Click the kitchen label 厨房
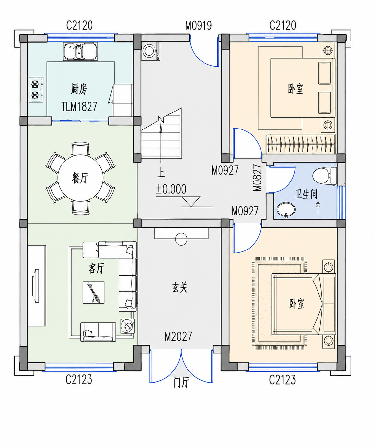pos(79,89)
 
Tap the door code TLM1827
pos(79,106)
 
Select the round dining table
pos(80,178)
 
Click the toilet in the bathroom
pos(325,176)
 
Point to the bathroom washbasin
pos(286,209)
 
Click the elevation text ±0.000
pos(171,189)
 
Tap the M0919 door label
pos(198,26)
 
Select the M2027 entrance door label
pos(178,336)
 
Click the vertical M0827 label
pos(258,178)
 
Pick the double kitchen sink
pos(80,51)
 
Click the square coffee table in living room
pos(93,292)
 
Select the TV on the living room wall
pos(36,286)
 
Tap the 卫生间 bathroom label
pos(306,194)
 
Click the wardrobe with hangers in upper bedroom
pos(301,144)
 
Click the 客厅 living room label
pos(96,268)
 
